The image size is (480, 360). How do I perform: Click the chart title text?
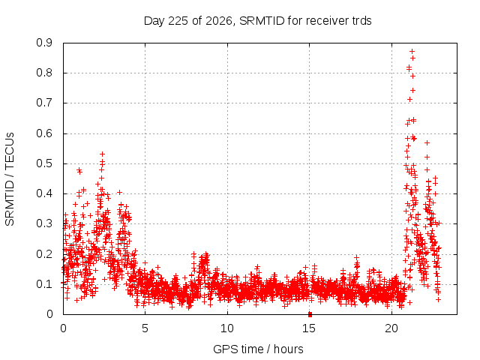[258, 21]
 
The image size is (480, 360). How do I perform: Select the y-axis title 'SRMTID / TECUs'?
[10, 179]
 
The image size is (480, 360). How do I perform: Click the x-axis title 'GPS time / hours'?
[258, 349]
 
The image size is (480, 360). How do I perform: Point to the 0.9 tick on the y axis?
[44, 43]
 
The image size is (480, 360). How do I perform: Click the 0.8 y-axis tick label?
[44, 73]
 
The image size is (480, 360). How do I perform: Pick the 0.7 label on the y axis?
[44, 103]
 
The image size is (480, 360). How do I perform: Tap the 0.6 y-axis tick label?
[44, 133]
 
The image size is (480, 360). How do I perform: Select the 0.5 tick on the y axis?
[44, 163]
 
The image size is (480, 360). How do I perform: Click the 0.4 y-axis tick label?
[44, 193]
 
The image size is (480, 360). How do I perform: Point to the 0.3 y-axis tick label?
[44, 223]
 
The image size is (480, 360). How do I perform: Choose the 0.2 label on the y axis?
[44, 254]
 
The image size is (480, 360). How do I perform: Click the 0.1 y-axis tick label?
[44, 284]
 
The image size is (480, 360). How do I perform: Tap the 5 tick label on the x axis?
[145, 328]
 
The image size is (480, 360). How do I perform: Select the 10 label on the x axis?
[227, 328]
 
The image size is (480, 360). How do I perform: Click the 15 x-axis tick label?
[309, 328]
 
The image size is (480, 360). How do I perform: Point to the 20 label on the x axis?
[391, 328]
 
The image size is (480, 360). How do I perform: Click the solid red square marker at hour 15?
[310, 314]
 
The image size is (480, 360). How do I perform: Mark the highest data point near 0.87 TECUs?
[412, 51]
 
